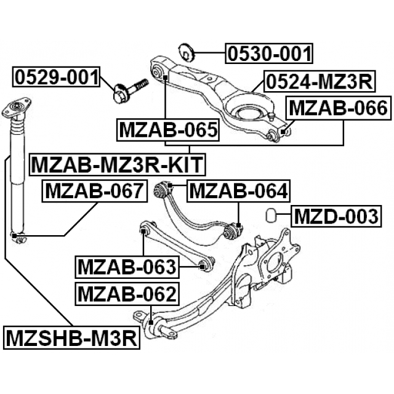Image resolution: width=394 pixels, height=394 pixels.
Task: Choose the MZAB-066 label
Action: [x=338, y=109]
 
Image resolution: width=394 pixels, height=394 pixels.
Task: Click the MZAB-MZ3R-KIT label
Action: [x=118, y=164]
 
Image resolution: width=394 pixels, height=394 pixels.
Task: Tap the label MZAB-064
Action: [x=238, y=191]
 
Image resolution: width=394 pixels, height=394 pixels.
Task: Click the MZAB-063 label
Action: [x=127, y=267]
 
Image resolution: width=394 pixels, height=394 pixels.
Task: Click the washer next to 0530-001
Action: [x=185, y=50]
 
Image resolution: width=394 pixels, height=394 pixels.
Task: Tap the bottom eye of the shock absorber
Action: [x=19, y=236]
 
